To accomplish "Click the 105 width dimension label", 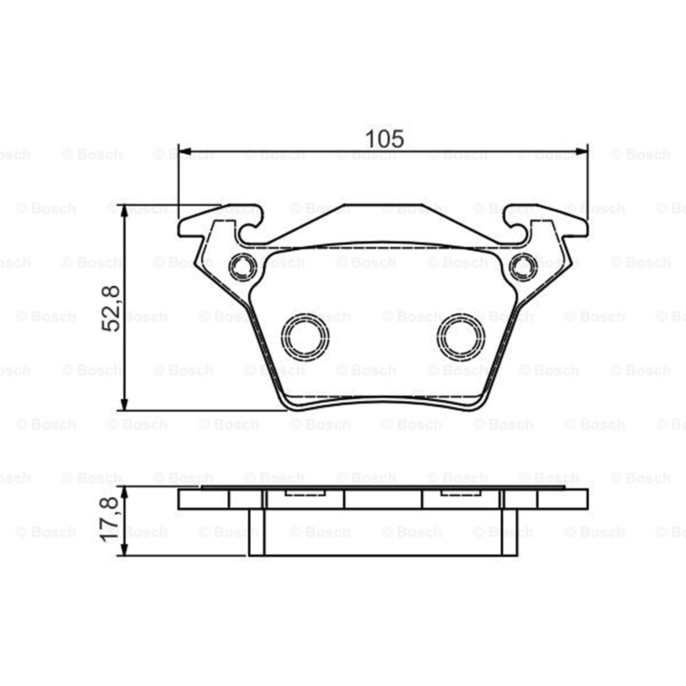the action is point(384,139).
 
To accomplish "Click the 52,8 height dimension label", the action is point(110,308).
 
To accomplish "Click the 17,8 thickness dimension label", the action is point(110,520).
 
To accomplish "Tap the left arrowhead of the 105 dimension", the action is point(184,151).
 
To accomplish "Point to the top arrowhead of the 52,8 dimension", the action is point(123,211).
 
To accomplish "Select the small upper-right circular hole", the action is point(523,266).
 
